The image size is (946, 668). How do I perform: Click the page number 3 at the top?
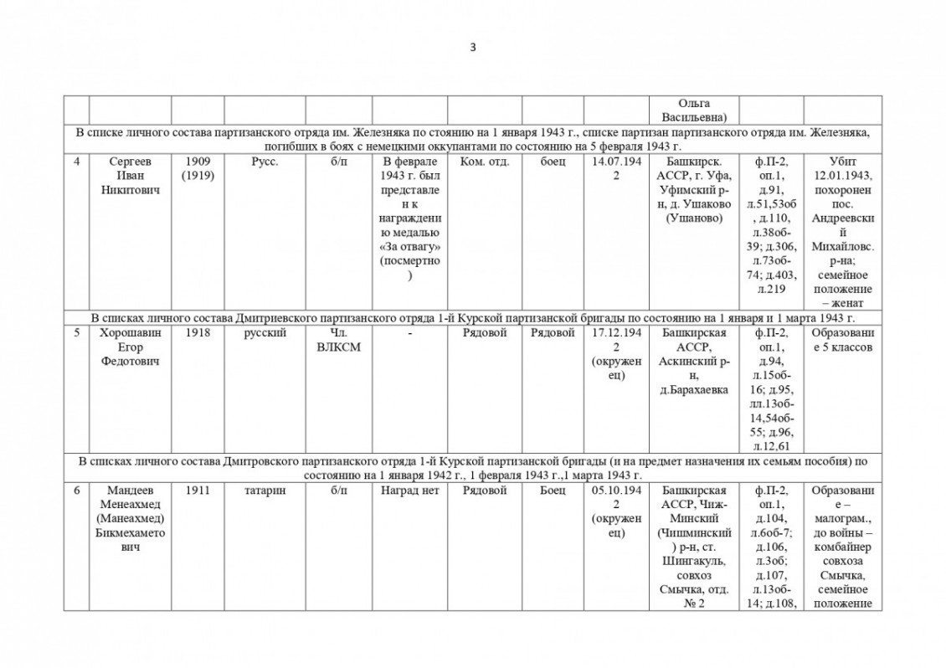click(x=473, y=48)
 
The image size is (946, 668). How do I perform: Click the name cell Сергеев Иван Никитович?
click(x=129, y=174)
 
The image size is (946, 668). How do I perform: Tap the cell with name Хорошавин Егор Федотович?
click(x=129, y=347)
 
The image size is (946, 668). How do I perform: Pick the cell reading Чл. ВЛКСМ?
click(x=338, y=340)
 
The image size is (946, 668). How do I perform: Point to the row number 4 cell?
click(x=76, y=162)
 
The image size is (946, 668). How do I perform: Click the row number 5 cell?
click(x=76, y=333)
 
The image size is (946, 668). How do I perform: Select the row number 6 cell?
click(x=76, y=491)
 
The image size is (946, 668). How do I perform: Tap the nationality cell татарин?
click(x=265, y=491)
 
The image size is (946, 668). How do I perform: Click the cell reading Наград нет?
click(x=409, y=491)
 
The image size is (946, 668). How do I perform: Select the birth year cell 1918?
click(x=198, y=333)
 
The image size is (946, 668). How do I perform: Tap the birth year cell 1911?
click(x=198, y=491)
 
